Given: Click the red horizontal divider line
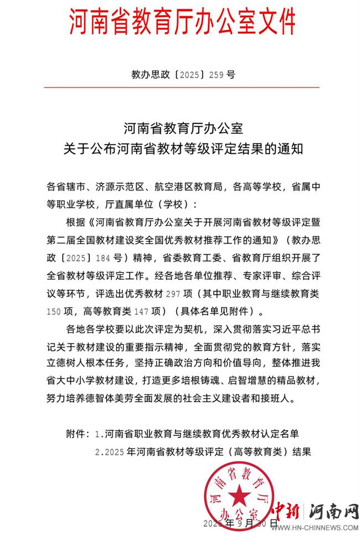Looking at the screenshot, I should [x=182, y=87].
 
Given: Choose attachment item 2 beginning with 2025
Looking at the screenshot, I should [x=203, y=451].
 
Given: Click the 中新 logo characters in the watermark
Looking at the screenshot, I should [x=290, y=510].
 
